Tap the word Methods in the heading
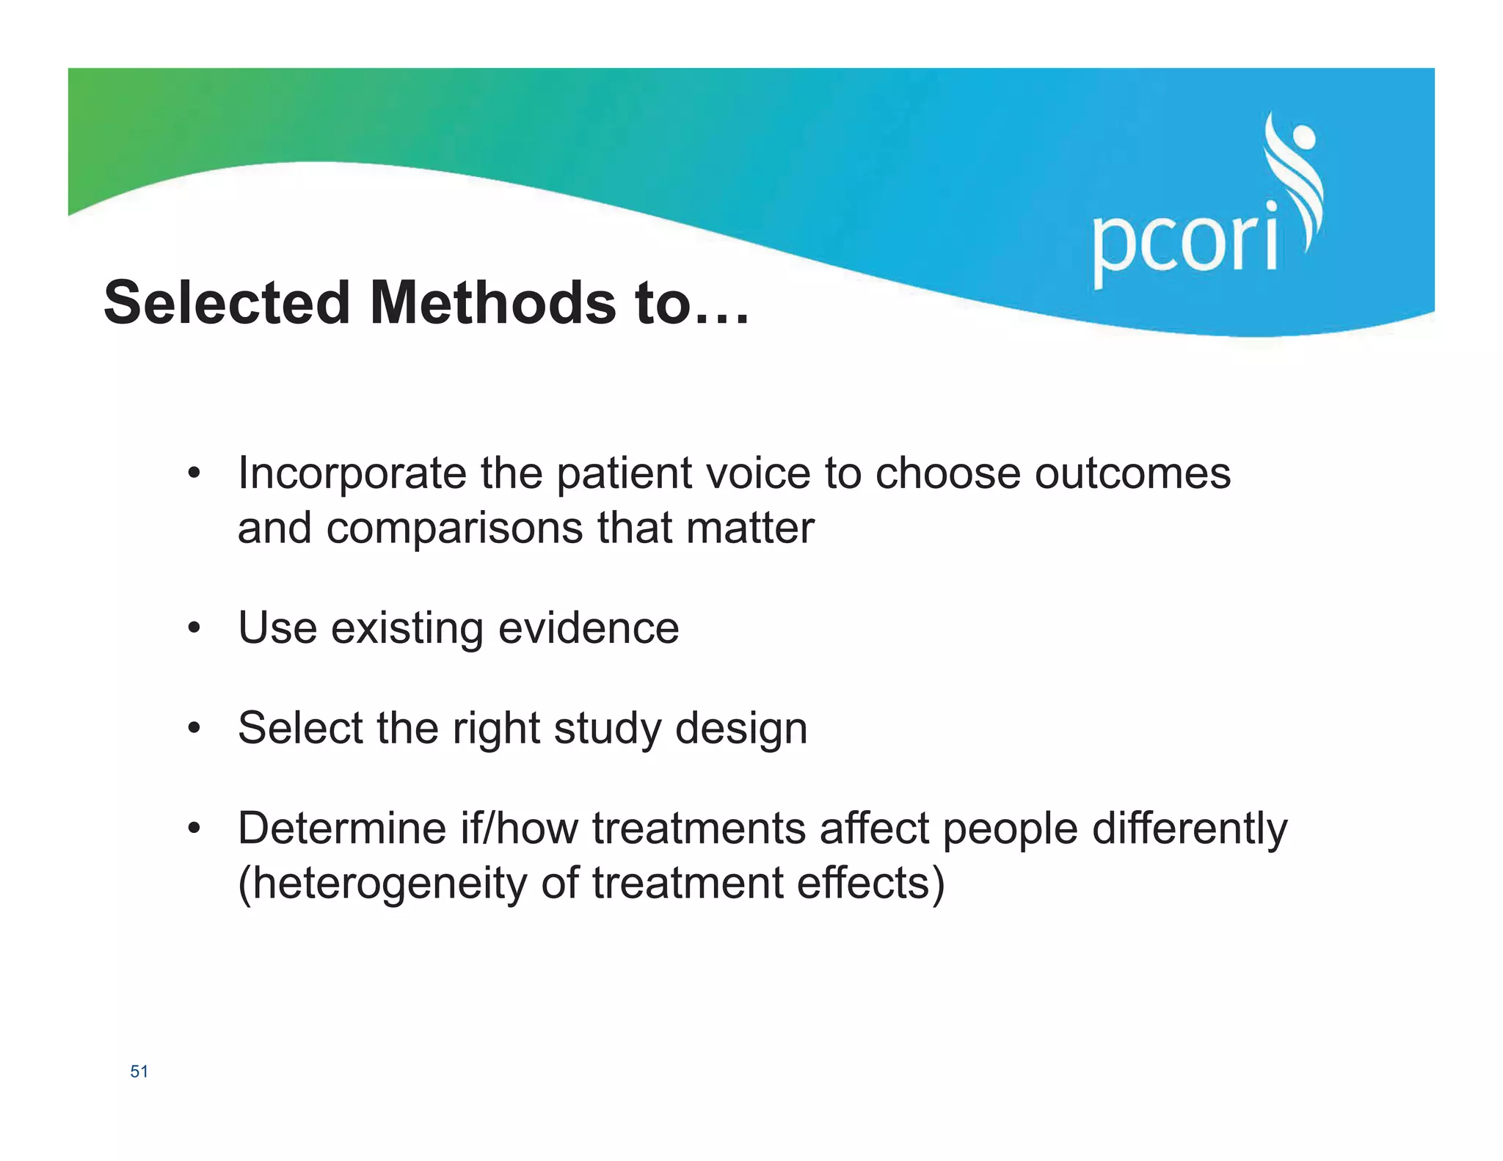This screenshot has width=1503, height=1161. [x=493, y=302]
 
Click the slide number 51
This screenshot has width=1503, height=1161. [x=139, y=1071]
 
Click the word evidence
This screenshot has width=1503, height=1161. [x=589, y=628]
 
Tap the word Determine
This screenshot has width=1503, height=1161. [x=342, y=829]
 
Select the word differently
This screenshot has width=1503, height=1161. [x=1189, y=829]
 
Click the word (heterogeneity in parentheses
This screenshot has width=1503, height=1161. [x=382, y=884]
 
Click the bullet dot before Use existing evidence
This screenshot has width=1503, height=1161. [x=194, y=628]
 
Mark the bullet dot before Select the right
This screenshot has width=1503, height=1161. [x=194, y=729]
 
